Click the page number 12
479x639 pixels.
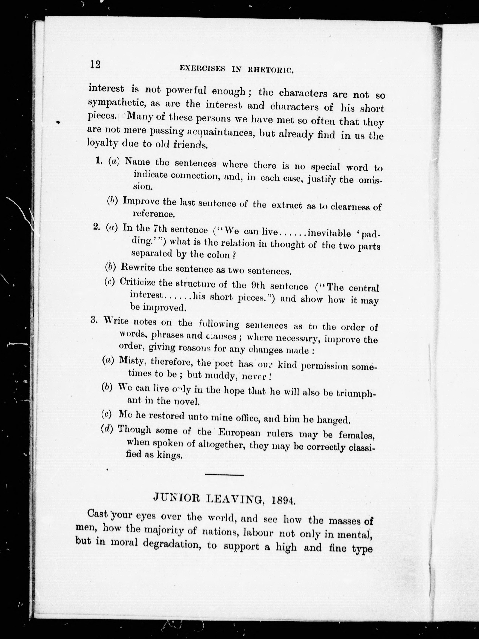coord(95,64)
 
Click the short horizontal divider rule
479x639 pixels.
coord(224,475)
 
